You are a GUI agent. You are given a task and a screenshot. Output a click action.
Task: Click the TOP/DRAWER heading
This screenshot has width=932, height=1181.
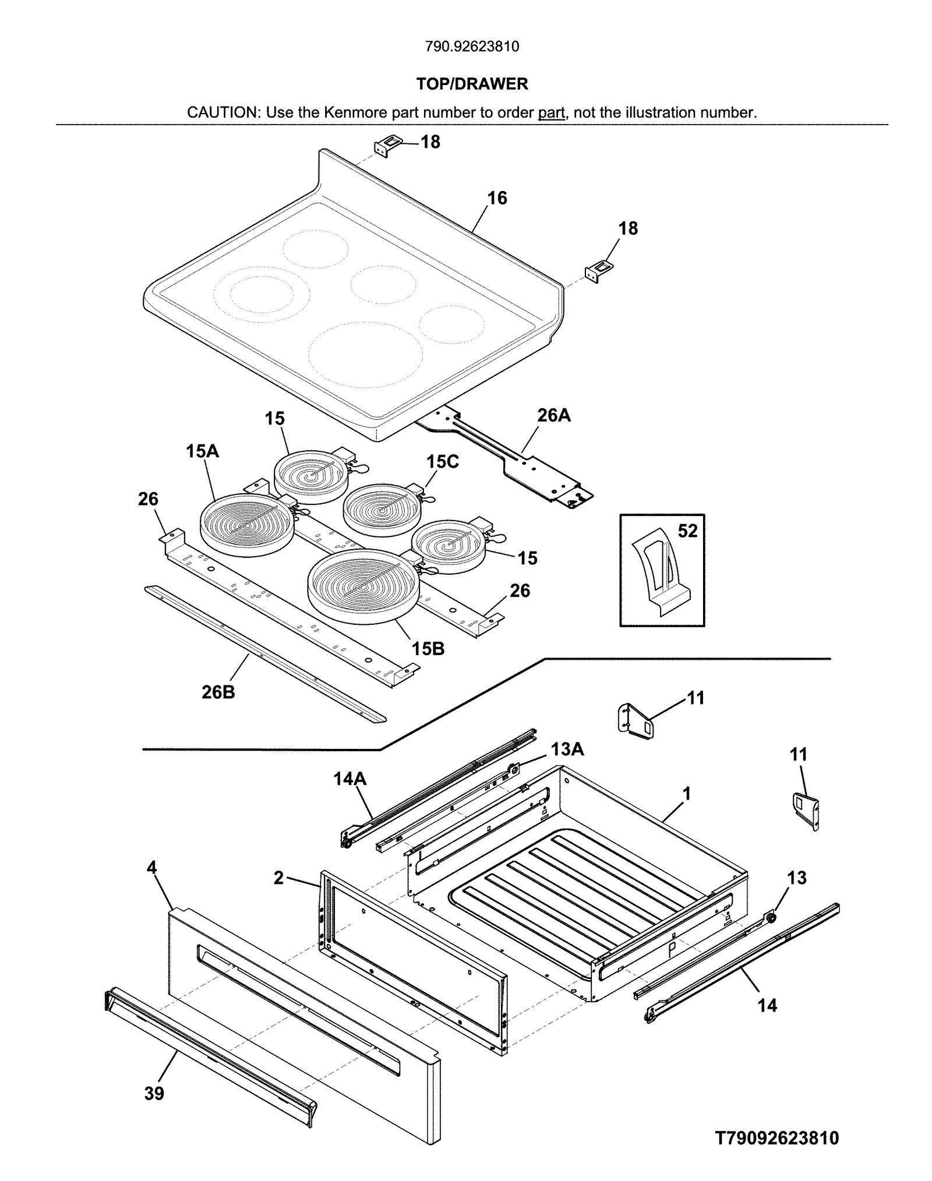pos(472,84)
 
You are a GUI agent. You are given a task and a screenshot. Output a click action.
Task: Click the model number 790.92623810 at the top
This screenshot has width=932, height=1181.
pos(472,47)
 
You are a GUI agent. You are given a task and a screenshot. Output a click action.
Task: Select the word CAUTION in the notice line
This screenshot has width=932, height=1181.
pos(223,112)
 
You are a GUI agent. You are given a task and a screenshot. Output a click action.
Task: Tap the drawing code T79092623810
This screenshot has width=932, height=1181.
pos(777,1137)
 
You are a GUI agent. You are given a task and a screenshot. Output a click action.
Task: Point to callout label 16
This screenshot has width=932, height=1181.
pos(497,199)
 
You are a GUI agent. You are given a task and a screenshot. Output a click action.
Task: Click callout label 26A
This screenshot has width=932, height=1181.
pos(553,415)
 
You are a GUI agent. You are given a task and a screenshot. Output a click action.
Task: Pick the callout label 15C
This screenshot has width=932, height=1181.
pos(442,461)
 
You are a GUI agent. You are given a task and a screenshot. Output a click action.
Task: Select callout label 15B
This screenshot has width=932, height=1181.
pos(428,648)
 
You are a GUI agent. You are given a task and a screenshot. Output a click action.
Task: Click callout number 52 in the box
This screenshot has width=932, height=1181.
pos(687,531)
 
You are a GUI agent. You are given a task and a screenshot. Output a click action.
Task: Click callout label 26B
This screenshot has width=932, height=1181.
pos(218,692)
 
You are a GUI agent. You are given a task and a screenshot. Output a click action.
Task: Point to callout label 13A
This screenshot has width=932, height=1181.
pos(567,749)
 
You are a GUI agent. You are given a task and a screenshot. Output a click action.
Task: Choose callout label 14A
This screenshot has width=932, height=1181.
pos(349,778)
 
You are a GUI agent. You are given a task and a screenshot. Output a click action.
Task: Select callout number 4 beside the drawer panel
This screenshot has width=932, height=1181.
pos(151,868)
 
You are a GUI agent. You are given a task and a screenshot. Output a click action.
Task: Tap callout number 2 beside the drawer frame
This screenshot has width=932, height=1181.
pos(278,878)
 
